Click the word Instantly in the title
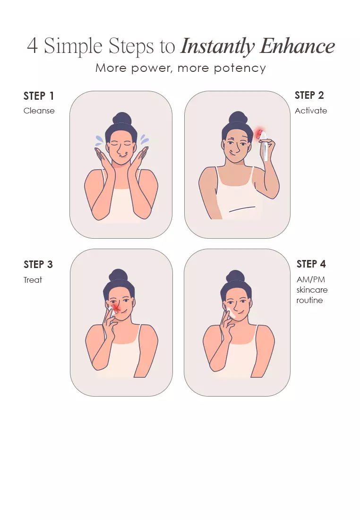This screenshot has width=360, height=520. [217, 46]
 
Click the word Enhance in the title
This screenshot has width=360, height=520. [297, 46]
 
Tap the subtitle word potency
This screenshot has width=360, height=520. [240, 69]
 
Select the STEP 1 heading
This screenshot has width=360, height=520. [38, 96]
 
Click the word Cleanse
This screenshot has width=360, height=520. [39, 111]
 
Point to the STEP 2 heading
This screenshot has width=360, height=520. [309, 95]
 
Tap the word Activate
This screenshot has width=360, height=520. [311, 111]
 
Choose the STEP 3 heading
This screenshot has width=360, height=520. [38, 264]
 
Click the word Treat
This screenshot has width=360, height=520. [33, 280]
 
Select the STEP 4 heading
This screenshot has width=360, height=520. [311, 264]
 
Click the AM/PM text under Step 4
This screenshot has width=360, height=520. [310, 279]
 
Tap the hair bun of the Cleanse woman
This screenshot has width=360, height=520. [122, 119]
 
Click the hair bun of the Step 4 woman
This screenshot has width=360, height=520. [235, 277]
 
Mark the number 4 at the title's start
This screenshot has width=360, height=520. [32, 46]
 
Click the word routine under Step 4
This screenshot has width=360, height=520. [309, 300]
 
